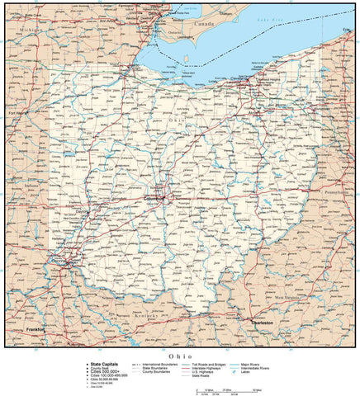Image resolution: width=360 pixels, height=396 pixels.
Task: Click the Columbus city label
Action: click(154, 198)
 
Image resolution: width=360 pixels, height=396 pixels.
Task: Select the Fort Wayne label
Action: click(18, 112)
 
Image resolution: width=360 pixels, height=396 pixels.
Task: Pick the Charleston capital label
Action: click(263, 322)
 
